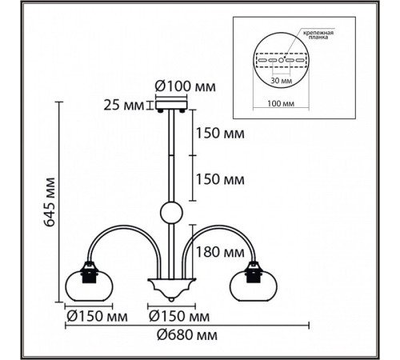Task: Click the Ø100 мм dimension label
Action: click(186, 86)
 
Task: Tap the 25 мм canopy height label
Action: click(123, 106)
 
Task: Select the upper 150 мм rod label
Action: click(220, 133)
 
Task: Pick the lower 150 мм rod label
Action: click(220, 179)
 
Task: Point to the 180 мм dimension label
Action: click(220, 252)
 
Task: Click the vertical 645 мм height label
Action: click(50, 202)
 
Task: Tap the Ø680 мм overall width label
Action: click(187, 335)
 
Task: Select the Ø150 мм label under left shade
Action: click(97, 317)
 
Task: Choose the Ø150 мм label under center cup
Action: click(179, 317)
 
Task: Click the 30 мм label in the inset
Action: click(281, 80)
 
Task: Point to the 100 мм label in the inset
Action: click(281, 103)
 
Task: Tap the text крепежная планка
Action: click(318, 35)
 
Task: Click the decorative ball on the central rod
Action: click(171, 213)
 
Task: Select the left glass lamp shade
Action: click(89, 286)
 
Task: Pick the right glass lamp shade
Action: click(254, 286)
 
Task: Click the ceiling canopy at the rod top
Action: click(171, 105)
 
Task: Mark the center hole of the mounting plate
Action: click(281, 60)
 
